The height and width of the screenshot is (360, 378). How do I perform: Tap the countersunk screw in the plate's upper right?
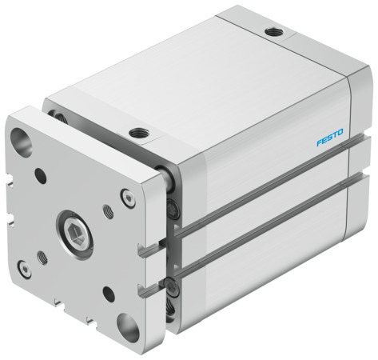click(126, 194)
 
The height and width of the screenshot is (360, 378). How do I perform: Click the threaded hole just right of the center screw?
click(108, 211)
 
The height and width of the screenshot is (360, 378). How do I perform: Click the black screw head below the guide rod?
click(173, 211)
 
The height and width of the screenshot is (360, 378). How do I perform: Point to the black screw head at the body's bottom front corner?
click(173, 305)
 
